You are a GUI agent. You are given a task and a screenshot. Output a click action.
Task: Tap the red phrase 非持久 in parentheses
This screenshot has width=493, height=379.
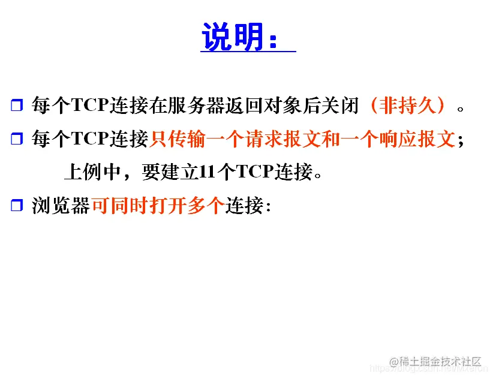408,106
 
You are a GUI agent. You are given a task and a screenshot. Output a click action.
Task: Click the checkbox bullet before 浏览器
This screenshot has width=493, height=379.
16,206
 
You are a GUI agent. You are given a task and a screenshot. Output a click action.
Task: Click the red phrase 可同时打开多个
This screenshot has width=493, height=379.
158,206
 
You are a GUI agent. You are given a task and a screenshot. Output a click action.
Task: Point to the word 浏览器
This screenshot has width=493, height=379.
61,206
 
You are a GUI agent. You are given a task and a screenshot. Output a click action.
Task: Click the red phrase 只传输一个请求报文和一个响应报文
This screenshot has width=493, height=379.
302,139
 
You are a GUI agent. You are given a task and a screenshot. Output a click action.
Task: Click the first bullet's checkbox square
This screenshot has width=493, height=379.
16,107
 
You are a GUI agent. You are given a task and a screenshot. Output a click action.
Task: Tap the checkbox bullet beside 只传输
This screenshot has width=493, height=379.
16,140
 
